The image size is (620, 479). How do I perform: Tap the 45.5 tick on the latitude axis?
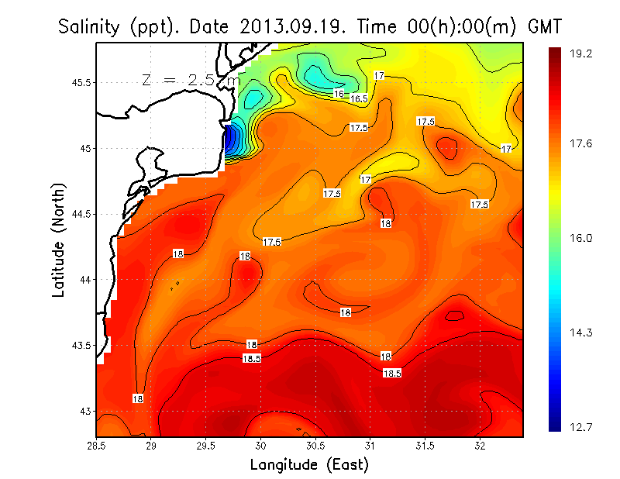click(79, 82)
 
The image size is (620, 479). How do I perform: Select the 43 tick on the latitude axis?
click(84, 411)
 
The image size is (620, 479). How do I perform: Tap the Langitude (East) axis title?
click(309, 465)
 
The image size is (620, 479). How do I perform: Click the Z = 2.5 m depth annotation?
click(191, 79)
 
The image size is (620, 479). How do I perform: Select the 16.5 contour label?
click(359, 98)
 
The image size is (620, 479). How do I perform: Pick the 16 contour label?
click(339, 93)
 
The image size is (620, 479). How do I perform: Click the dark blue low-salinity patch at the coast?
click(232, 140)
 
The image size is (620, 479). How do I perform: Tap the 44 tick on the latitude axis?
click(84, 279)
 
